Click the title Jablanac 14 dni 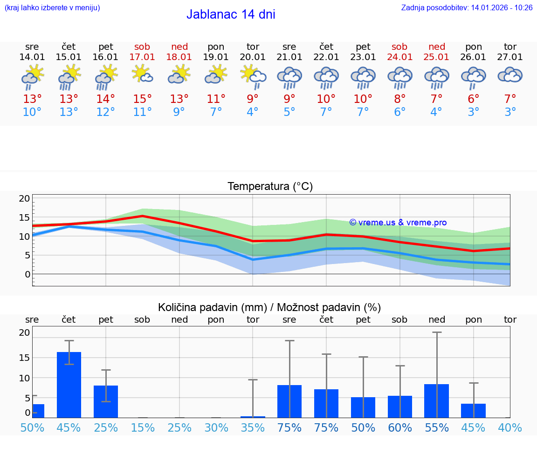(231, 14)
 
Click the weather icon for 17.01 (142, 74)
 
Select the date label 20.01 (253, 57)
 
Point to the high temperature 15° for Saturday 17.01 (142, 99)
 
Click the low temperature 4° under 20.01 (253, 112)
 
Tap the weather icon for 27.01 (510, 75)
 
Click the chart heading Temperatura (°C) (270, 186)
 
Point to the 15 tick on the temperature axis (24, 217)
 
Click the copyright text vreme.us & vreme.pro (398, 223)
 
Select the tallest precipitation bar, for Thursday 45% (69, 385)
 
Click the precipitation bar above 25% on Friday (106, 401)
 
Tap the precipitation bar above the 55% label (436, 400)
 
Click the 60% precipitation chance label (399, 427)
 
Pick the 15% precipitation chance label (142, 427)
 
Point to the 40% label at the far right (510, 427)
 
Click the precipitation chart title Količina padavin (269, 307)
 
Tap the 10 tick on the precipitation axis (24, 378)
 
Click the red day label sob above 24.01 (399, 47)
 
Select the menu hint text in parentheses (52, 7)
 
